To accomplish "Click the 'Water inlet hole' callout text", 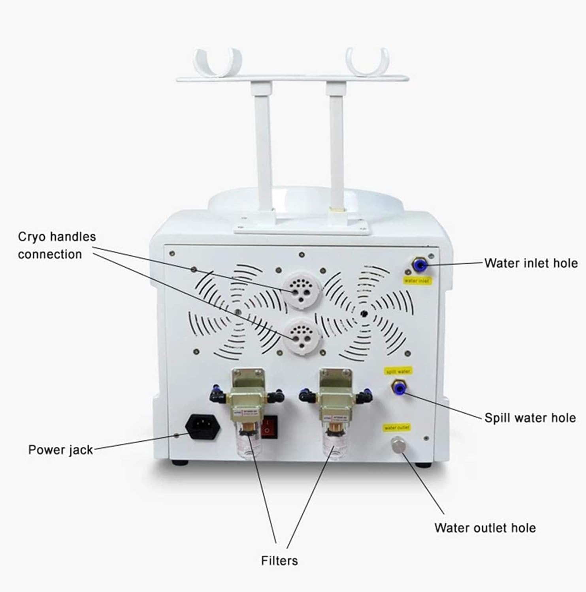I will coord(531,263).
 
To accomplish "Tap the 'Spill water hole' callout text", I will coord(529,418).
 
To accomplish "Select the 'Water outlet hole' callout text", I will coord(485,528).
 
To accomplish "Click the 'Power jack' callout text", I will coord(60,450).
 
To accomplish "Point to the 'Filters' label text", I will coord(279,560).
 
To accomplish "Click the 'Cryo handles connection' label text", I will coord(57,245).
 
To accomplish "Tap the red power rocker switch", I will coord(270,427).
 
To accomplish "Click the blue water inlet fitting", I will coord(418,266).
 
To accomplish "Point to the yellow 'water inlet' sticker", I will coord(417,281).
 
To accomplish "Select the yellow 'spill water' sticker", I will coord(398,371).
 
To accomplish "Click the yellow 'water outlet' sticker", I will coord(397,427).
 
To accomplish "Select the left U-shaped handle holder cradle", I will coord(217,63).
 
